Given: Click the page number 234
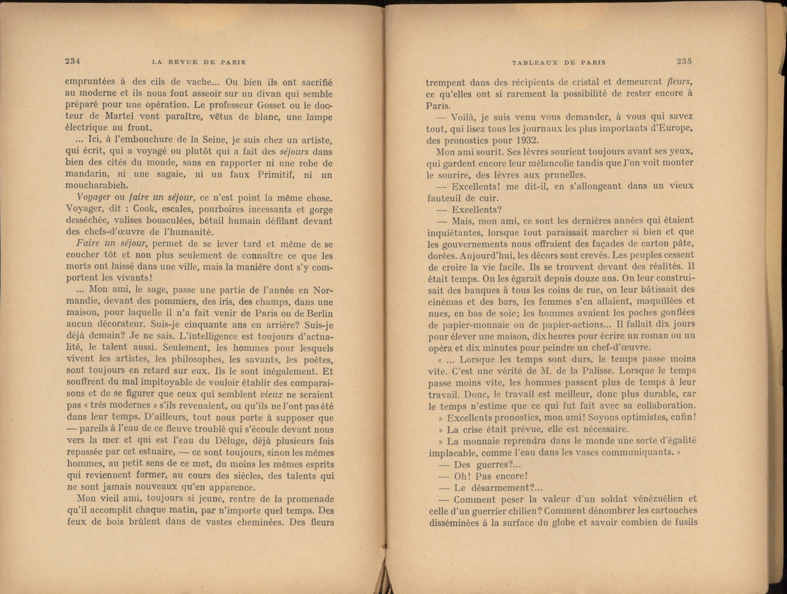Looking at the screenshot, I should (72, 61).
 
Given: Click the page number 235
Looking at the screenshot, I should (684, 61).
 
